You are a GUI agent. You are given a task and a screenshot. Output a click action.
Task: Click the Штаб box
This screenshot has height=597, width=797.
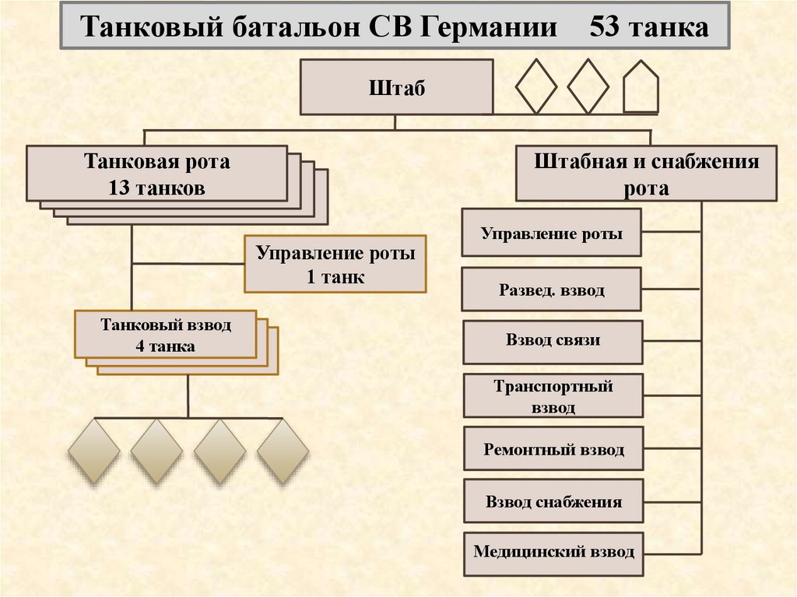point(396,87)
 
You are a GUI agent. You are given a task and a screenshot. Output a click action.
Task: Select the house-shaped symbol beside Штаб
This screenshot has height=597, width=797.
point(641,86)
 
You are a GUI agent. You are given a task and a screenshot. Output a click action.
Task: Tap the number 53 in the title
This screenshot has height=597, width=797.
point(608,29)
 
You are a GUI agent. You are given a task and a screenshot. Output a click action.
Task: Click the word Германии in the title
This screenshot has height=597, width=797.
point(490,29)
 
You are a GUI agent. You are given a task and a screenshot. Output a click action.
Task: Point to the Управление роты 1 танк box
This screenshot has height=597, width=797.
point(335,265)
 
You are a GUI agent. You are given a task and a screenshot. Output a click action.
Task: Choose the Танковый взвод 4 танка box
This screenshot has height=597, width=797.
point(166,335)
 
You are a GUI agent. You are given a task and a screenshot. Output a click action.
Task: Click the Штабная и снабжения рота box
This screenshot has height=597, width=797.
point(646,174)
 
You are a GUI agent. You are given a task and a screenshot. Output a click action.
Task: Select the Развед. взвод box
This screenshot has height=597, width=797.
point(552,290)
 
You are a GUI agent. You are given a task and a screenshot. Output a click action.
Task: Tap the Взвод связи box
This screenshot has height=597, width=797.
point(553,341)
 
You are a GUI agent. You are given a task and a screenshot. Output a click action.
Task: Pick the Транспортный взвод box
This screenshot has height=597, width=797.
point(553,396)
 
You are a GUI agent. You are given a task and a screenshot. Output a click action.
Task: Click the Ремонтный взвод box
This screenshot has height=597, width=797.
point(553,449)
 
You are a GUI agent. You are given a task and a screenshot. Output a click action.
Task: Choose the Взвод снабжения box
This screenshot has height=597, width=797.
point(553,502)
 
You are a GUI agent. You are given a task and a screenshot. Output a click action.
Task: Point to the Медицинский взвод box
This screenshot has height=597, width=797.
point(553,553)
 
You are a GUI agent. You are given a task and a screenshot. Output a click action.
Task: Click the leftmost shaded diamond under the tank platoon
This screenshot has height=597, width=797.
point(94,451)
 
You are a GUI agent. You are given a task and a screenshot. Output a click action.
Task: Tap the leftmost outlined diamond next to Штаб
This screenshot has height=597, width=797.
point(537,86)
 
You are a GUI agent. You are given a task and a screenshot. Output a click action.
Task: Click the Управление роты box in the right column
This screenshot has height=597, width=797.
point(552,233)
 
